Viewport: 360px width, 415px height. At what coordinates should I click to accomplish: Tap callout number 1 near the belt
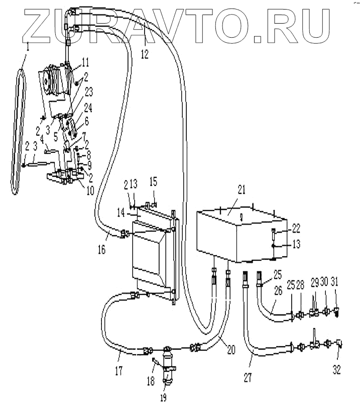pos(28,48)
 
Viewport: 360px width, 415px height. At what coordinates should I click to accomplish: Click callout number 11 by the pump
pos(86,62)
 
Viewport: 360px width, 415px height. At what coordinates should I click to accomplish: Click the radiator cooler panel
pos(151,251)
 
